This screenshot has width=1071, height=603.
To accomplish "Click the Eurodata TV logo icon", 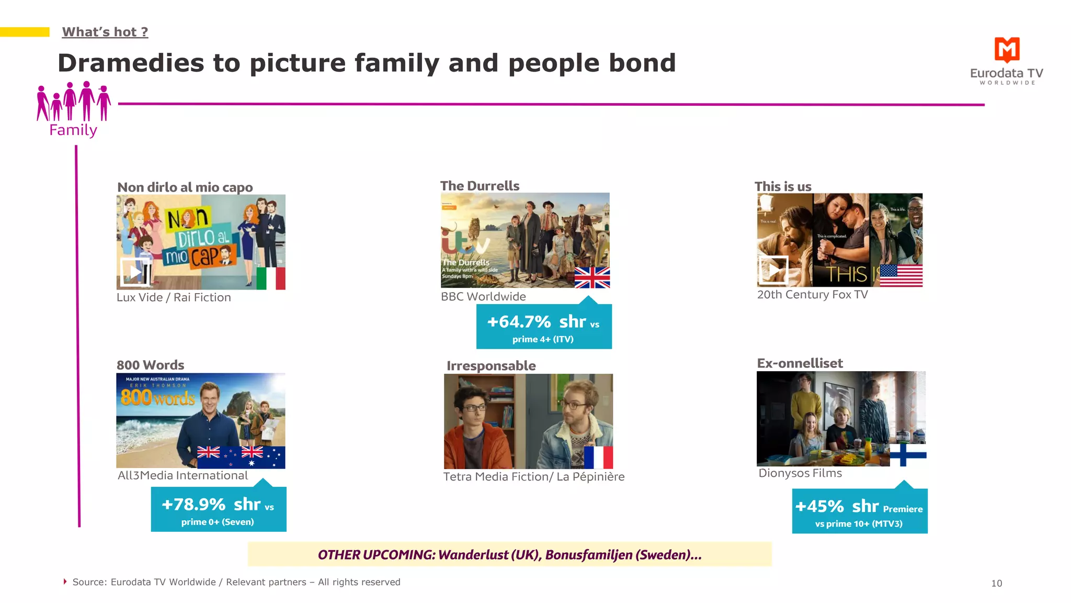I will coord(1007,50).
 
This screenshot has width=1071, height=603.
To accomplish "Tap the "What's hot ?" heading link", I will coord(105,32).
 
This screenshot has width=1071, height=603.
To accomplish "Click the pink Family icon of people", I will coord(73,102).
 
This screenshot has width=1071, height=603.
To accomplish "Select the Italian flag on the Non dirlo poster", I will coord(270,278).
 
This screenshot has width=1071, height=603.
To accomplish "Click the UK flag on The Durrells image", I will coord(592,277).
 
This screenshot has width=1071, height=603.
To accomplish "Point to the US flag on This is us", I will coord(901,275).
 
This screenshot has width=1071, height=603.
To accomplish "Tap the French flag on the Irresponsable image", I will coord(598,457).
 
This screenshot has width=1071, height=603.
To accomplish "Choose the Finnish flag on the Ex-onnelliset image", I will coord(908,454).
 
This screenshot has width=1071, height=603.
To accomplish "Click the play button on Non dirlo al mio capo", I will coord(135,272).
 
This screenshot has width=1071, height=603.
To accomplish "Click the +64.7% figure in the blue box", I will coord(519,321).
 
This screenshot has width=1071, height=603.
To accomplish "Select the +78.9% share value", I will coord(193,505).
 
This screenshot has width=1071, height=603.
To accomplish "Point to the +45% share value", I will coord(819,506).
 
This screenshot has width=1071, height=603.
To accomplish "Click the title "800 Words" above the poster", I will coord(150,365).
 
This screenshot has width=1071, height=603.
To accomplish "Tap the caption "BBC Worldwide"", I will coord(483,296).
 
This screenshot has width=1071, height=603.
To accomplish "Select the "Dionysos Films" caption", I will coord(800,473).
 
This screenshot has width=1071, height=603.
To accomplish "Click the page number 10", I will coord(996,583).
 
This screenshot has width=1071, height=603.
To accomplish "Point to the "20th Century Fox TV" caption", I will coord(812,295).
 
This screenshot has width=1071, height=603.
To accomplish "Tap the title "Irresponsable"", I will coord(491,365).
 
